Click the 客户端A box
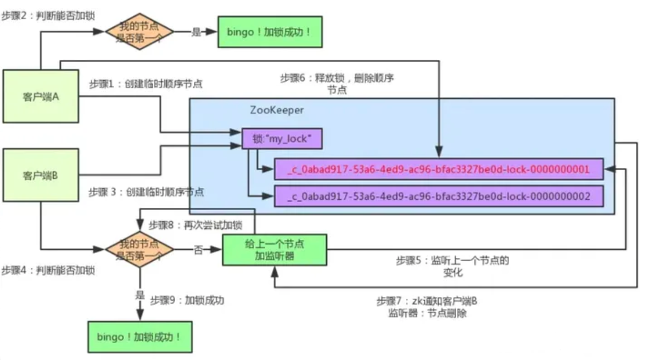41,96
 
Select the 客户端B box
41,176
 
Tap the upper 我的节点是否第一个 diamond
139,31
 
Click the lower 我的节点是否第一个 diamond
139,249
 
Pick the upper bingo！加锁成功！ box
269,31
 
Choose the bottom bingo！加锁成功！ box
140,336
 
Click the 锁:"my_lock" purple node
282,139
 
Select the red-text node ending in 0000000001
439,169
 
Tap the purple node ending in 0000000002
439,196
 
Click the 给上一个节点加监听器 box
274,250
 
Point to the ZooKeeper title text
277,110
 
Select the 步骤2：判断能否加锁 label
48,15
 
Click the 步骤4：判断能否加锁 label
48,270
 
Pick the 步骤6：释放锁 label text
337,78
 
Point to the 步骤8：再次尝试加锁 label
195,224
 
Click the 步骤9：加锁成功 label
187,300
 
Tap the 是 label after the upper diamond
196,32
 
